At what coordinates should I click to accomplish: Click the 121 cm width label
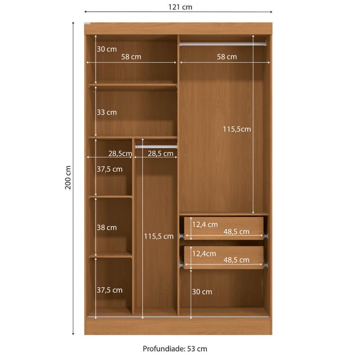click(180, 7)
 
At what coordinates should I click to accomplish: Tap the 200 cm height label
click(68, 177)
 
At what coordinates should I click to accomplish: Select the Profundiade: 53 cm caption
click(175, 349)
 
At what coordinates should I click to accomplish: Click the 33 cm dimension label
click(107, 112)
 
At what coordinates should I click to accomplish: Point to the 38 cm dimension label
click(107, 228)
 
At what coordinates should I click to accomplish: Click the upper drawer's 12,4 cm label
click(205, 225)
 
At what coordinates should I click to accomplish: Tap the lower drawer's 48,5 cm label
click(237, 260)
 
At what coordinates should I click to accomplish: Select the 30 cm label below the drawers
click(202, 292)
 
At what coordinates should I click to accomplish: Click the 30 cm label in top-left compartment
click(107, 49)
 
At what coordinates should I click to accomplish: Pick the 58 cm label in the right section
click(227, 57)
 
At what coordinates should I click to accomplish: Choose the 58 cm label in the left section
click(131, 57)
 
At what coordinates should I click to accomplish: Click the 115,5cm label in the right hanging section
click(237, 129)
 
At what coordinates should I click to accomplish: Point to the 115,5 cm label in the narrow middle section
click(159, 236)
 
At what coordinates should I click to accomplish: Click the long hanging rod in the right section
click(223, 44)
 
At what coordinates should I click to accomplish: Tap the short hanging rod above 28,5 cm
click(156, 147)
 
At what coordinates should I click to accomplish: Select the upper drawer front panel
click(224, 228)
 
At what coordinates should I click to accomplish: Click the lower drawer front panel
click(224, 257)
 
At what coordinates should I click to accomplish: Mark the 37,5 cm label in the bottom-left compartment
click(109, 290)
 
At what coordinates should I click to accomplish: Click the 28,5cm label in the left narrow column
click(120, 153)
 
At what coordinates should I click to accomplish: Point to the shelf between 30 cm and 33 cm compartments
click(133, 85)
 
